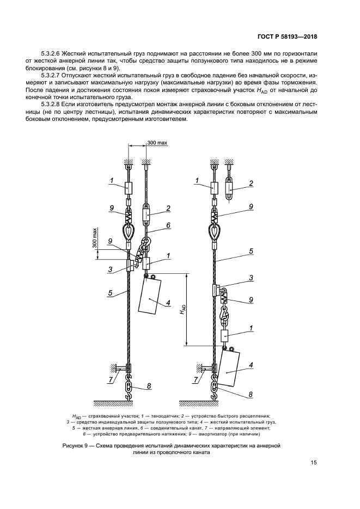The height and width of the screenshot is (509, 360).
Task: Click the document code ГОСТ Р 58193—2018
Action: pyautogui.click(x=287, y=37)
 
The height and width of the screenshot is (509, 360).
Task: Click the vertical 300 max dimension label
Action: pyautogui.click(x=95, y=238)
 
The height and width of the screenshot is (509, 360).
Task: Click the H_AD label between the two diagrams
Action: pyautogui.click(x=184, y=309)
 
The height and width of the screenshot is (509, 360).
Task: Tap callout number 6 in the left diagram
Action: pyautogui.click(x=169, y=225)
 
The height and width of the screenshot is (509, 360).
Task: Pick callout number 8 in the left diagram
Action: pyautogui.click(x=148, y=387)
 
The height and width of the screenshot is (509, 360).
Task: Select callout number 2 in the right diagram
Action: pyautogui.click(x=251, y=183)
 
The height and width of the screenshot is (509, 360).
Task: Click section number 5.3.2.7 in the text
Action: pyautogui.click(x=54, y=75)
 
